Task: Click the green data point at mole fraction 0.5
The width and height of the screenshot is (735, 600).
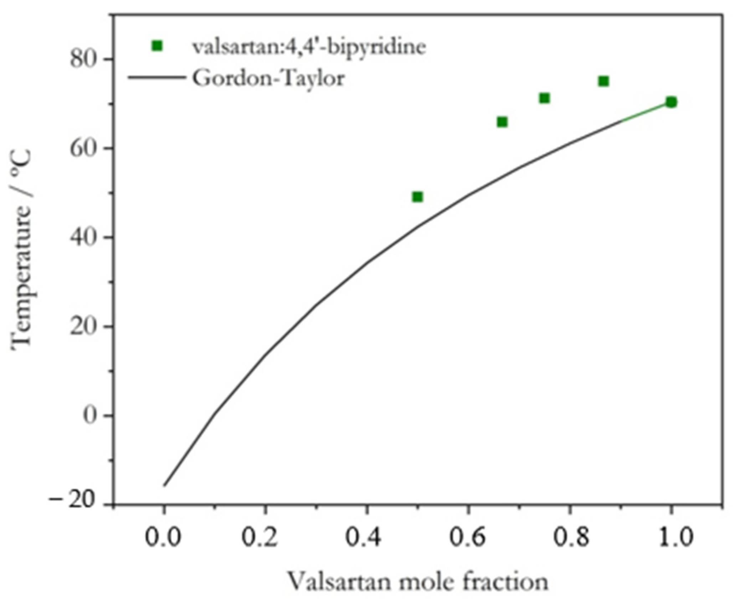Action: point(417,197)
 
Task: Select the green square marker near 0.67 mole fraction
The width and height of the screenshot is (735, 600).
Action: point(502,122)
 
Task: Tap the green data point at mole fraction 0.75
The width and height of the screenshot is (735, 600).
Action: point(544,98)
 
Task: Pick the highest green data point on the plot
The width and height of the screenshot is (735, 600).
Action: point(603,82)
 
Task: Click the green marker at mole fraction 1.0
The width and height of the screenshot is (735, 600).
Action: point(671,103)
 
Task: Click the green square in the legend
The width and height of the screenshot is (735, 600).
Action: point(157,46)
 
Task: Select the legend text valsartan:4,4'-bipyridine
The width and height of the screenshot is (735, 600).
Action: point(309,47)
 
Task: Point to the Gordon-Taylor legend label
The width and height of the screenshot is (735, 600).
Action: point(268,78)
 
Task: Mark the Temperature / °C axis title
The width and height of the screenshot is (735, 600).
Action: point(22,249)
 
